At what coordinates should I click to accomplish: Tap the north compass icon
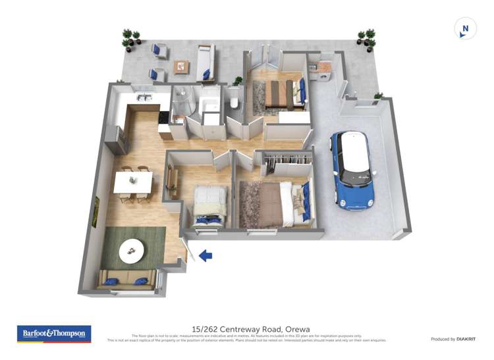tap(465, 29)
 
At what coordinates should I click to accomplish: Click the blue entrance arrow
tap(206, 255)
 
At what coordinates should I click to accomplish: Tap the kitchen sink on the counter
tap(144, 99)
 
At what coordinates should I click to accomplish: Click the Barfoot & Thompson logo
tap(53, 334)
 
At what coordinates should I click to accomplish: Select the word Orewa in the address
tap(298, 329)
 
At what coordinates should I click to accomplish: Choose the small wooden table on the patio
tap(181, 66)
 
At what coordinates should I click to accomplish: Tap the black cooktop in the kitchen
tap(164, 117)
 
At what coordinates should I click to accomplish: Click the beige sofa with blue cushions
tap(126, 280)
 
